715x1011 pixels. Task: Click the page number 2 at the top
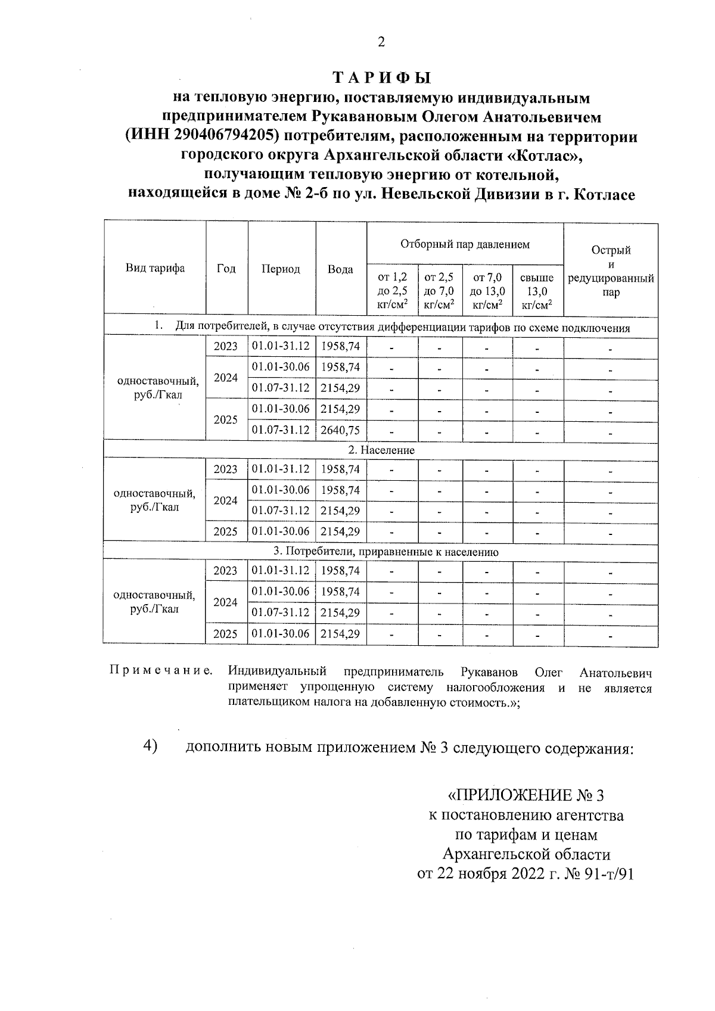pos(381,42)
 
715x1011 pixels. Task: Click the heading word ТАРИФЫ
pos(381,79)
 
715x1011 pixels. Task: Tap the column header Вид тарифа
pos(155,268)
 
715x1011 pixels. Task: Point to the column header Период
pos(281,269)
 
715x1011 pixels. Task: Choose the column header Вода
pos(340,269)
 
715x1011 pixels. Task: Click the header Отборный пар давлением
pos(465,244)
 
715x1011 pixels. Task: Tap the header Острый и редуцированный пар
pos(611,271)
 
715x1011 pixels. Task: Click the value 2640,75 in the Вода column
pos(340,430)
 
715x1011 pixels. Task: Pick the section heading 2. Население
pos(381,450)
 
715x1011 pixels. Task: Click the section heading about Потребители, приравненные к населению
pos(381,552)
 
